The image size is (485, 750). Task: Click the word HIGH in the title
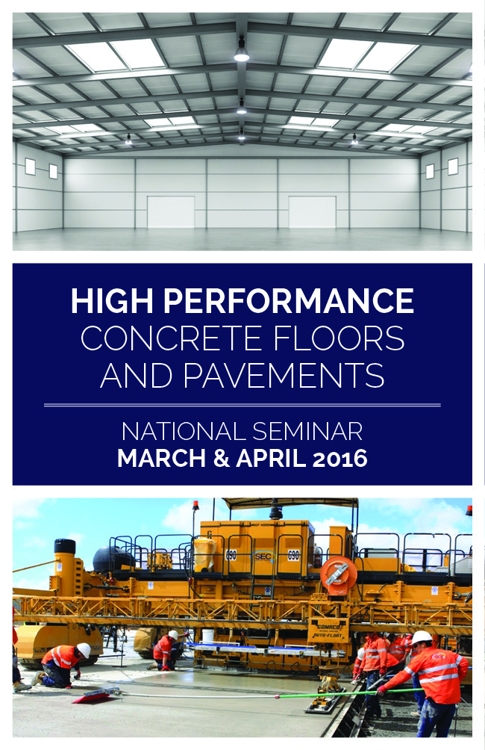tap(112, 301)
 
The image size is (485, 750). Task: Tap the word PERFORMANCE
tap(288, 301)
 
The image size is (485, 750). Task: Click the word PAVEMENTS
tap(284, 376)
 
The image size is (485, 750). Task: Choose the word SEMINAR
tap(307, 432)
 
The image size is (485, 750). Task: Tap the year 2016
tap(339, 458)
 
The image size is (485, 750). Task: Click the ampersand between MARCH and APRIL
tap(222, 458)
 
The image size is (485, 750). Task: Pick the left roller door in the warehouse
tap(171, 211)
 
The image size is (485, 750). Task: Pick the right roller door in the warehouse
tap(312, 211)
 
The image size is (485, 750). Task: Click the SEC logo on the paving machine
tap(263, 556)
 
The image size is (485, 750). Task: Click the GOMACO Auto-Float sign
tap(328, 631)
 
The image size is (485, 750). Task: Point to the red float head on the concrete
tap(96, 696)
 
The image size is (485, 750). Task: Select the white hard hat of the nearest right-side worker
tap(422, 637)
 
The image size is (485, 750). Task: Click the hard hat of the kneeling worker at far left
tap(84, 650)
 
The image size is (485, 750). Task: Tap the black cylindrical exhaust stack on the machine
tap(64, 547)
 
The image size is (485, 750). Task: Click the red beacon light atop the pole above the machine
tap(195, 504)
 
